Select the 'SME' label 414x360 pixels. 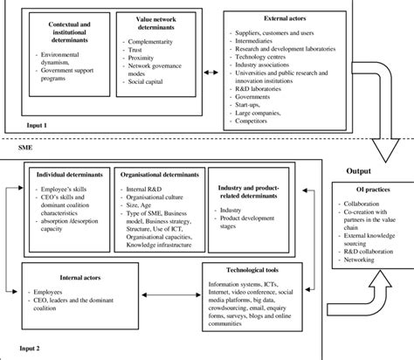(26, 150)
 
